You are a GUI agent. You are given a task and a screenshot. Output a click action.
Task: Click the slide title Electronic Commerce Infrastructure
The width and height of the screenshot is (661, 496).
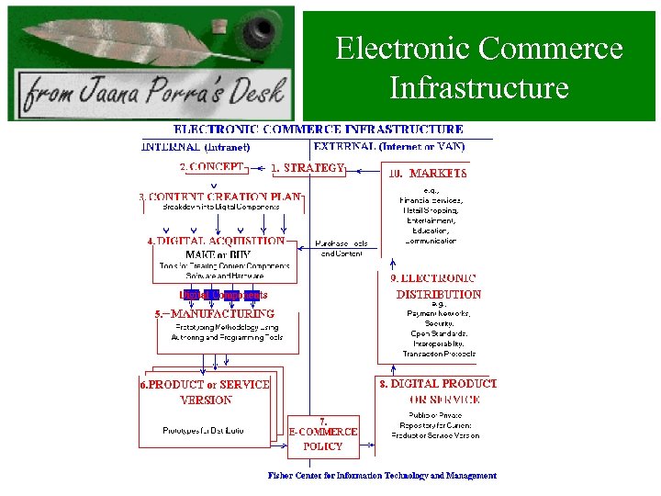pyautogui.click(x=478, y=68)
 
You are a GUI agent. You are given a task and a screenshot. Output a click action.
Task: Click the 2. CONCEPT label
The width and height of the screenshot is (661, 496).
pyautogui.click(x=212, y=167)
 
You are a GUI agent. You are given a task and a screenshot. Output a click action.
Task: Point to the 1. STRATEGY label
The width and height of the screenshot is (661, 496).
pyautogui.click(x=308, y=167)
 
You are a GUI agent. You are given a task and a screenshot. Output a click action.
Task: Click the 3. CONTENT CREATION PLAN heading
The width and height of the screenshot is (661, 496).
pyautogui.click(x=219, y=196)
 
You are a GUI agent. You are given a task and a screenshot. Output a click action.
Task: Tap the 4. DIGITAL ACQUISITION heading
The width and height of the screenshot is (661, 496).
pyautogui.click(x=217, y=242)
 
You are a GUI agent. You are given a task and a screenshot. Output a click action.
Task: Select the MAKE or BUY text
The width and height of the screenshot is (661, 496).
pyautogui.click(x=217, y=254)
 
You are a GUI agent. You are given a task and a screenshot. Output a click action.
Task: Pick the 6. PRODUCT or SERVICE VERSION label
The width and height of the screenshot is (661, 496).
pyautogui.click(x=205, y=392)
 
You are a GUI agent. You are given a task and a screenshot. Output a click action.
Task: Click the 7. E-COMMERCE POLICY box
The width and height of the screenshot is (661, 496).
pyautogui.click(x=322, y=434)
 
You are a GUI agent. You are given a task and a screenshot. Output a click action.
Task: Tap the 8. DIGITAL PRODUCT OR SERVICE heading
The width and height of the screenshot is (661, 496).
pyautogui.click(x=437, y=391)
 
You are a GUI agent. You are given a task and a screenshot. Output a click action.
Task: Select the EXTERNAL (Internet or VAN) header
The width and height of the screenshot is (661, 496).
pyautogui.click(x=389, y=146)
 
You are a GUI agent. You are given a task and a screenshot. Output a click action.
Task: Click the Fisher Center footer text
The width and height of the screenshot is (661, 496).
pyautogui.click(x=382, y=476)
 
